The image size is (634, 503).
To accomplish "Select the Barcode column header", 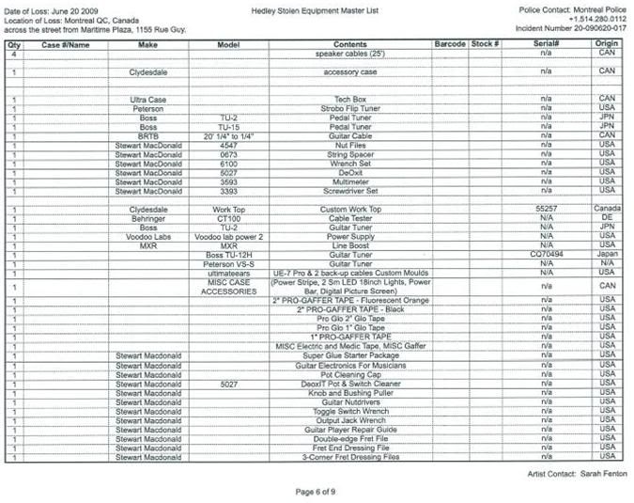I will [451, 44].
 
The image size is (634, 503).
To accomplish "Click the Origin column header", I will [607, 44].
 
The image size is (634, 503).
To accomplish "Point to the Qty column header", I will [14, 44].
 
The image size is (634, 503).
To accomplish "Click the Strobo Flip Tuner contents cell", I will [349, 108].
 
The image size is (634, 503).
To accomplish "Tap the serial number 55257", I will [547, 209].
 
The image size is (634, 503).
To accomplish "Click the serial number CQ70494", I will [546, 255].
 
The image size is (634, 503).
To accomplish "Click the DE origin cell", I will [607, 218].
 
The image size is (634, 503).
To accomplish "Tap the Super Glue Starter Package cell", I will [349, 356].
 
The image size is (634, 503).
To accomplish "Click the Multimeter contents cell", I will [349, 181].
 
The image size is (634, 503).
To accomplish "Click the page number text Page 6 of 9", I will [317, 491].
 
